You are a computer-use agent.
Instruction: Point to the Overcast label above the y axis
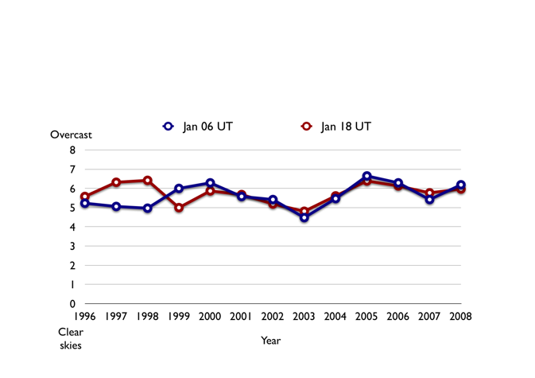coord(72,134)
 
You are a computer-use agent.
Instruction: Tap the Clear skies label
coord(71,338)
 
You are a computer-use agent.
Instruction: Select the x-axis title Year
coord(271,341)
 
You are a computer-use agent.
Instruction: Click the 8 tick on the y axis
coord(72,150)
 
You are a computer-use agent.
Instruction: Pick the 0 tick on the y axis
coord(72,304)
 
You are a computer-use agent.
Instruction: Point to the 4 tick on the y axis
coord(72,228)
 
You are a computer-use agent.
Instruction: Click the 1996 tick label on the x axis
coord(85,317)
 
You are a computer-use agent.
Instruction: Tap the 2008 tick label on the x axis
coord(461,317)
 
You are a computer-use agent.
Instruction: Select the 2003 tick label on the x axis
coord(304,317)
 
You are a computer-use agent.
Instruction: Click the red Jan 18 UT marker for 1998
coord(148,181)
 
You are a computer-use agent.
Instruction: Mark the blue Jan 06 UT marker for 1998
coord(148,208)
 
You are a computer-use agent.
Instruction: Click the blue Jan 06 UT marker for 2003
coord(304,217)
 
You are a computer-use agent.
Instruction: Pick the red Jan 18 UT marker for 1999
coord(179,208)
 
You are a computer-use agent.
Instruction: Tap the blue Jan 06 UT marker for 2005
coord(366,176)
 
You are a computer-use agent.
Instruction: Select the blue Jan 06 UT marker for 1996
coord(85,203)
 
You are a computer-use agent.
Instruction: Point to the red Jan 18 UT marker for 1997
coord(116,182)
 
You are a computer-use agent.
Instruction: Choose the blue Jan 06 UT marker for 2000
coord(210,183)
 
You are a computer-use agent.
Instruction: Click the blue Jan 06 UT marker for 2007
coord(429,200)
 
